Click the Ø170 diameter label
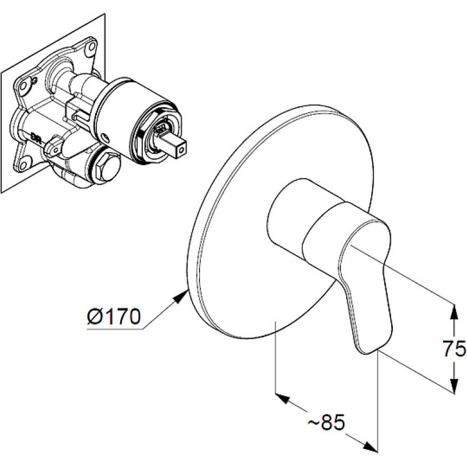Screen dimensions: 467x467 (113, 317)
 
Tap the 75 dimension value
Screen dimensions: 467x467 (454, 348)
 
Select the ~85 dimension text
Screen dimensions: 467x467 (326, 422)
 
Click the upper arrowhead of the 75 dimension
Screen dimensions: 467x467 (454, 312)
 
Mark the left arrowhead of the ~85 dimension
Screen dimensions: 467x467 (283, 399)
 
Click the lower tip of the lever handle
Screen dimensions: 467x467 (368, 353)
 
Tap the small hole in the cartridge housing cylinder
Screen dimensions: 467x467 (105, 138)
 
